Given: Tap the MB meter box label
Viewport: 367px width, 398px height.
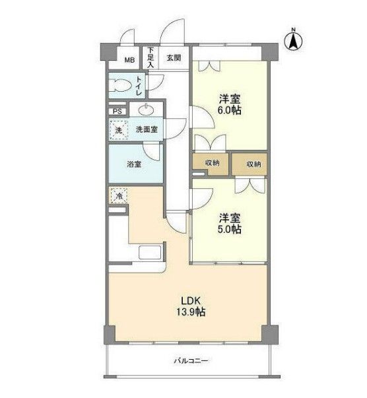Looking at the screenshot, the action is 129,60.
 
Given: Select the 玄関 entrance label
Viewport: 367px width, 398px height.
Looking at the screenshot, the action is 174,58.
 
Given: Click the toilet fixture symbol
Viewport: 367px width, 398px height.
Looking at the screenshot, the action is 119,85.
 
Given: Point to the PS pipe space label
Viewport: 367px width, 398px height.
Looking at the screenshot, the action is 117,112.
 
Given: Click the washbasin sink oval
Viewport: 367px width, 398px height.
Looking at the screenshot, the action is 146,110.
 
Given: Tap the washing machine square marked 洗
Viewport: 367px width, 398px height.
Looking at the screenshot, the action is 119,130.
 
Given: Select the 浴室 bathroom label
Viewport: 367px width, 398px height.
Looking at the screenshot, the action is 134,164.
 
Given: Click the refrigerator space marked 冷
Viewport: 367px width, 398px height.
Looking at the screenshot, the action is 118,195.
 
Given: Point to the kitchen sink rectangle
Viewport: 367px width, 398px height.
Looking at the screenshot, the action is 150,252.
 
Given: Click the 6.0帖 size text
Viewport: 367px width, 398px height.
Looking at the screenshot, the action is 230,111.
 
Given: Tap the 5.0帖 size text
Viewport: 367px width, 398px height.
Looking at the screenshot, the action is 230,229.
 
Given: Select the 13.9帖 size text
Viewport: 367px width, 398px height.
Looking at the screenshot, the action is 191,312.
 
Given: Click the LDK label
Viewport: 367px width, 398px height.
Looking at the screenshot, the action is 191,301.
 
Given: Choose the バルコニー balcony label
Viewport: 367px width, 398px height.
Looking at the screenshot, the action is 191,360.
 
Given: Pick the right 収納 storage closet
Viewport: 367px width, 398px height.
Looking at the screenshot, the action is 250,164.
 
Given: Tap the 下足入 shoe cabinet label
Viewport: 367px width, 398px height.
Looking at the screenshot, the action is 150,57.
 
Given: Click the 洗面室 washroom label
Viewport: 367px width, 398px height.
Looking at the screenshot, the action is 147,130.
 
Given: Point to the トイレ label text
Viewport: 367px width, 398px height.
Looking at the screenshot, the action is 139,86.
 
